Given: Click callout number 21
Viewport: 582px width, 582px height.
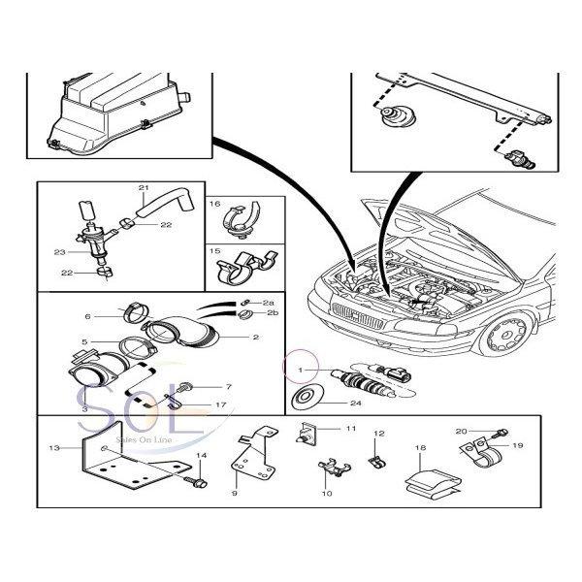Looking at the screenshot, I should click(144, 186).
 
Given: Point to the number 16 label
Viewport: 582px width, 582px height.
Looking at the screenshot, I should click(216, 206).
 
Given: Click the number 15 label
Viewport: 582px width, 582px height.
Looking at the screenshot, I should click(216, 250).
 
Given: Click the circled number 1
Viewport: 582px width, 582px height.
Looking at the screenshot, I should click(301, 370).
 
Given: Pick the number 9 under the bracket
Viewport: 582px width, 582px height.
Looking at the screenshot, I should click(234, 493).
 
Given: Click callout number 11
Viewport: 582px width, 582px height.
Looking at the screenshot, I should click(324, 428).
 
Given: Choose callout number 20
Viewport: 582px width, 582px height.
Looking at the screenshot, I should click(461, 430).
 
